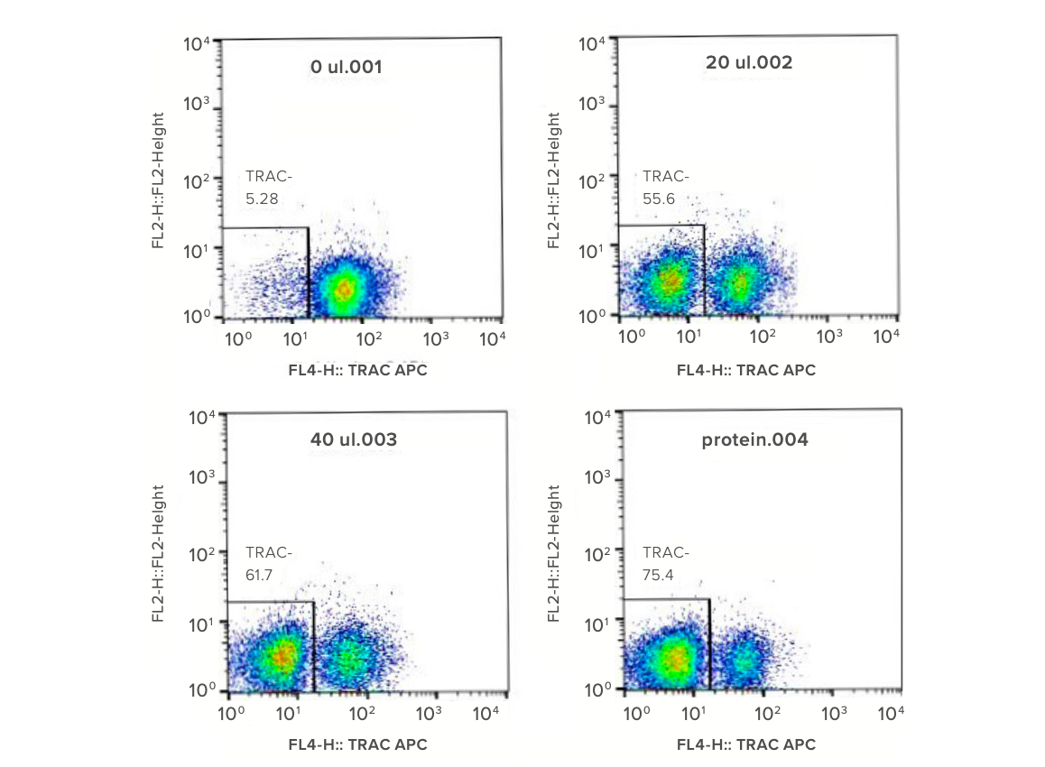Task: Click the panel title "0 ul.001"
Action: click(346, 67)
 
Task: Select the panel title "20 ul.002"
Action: click(749, 62)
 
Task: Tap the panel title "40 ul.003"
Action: click(353, 439)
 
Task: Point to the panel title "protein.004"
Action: click(754, 439)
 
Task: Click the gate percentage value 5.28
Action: click(262, 199)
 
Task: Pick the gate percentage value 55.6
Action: click(659, 199)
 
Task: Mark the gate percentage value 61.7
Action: click(259, 575)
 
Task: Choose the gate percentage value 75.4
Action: click(658, 575)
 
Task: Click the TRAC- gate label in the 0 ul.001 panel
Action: click(269, 177)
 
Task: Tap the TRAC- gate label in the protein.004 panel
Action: click(666, 552)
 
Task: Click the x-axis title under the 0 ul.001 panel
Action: click(358, 371)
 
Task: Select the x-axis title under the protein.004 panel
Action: click(745, 744)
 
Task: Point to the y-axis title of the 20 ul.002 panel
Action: click(553, 180)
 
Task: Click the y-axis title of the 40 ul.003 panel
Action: click(158, 554)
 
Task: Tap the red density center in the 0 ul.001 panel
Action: click(344, 290)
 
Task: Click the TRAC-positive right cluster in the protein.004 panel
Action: click(743, 659)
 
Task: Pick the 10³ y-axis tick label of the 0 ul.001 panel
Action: click(196, 104)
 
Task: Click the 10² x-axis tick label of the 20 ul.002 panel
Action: click(762, 337)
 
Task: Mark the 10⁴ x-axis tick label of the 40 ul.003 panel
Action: click(486, 714)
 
